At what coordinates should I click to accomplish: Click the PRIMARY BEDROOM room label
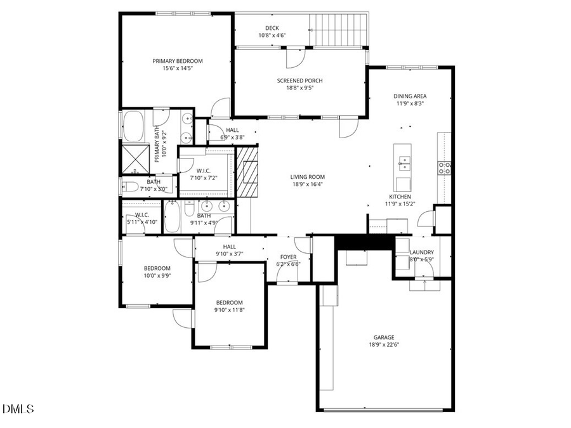[x=177, y=61]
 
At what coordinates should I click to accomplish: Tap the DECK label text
[x=272, y=28]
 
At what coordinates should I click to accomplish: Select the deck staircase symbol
[x=338, y=29]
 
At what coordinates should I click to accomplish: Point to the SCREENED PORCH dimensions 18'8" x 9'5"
[x=299, y=88]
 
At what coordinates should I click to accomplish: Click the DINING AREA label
[x=410, y=96]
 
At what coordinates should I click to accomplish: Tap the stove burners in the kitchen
[x=443, y=167]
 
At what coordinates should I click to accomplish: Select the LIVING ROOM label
[x=308, y=177]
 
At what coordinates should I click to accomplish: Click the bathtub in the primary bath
[x=133, y=126]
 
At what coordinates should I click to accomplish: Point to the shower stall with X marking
[x=134, y=159]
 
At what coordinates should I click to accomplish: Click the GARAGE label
[x=383, y=337]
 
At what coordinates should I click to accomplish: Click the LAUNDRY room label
[x=422, y=252]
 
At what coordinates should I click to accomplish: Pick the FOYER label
[x=289, y=257]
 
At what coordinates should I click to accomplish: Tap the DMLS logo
[x=18, y=408]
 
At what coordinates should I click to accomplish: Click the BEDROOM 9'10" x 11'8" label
[x=228, y=302]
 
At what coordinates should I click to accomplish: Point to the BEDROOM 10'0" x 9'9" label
[x=157, y=268]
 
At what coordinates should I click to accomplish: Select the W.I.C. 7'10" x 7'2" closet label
[x=204, y=171]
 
